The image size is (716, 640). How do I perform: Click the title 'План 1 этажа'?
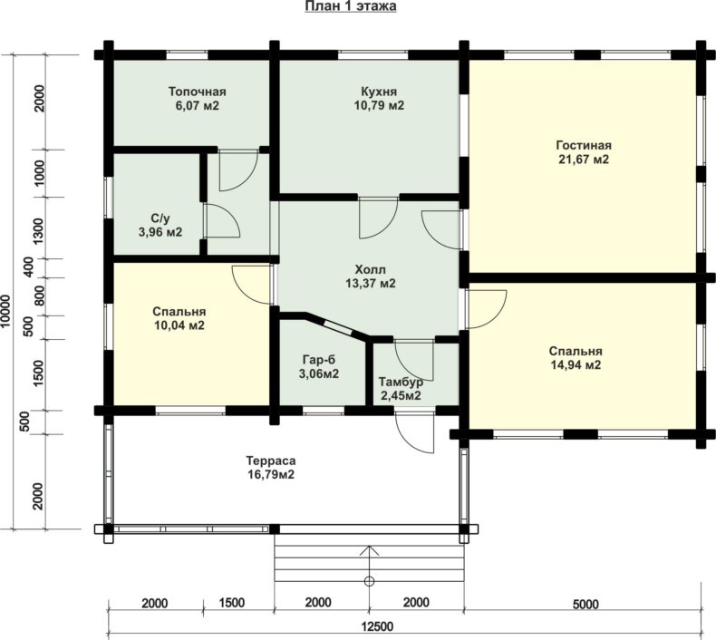coord(350,6)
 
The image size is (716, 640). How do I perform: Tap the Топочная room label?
coord(198,92)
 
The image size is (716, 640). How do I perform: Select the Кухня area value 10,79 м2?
coord(379,105)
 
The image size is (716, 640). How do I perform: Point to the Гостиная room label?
coord(584,146)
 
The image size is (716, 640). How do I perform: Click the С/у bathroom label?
coord(160,218)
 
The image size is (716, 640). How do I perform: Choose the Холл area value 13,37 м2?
coord(371,283)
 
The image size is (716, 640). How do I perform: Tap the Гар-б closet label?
coord(319,360)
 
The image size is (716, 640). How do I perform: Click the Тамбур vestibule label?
coord(401,382)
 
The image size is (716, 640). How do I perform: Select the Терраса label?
coord(271,461)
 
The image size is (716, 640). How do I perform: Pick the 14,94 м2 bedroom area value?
coord(576,365)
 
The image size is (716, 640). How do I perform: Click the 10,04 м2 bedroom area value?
coord(179,325)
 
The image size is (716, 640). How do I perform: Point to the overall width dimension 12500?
coord(377,626)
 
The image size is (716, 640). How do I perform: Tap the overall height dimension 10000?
coord(6,311)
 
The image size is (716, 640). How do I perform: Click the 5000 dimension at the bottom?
coord(585,605)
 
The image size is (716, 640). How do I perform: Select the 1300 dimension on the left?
coord(39,230)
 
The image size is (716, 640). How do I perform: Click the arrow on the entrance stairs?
coord(369,563)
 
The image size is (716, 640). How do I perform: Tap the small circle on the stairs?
coord(369,581)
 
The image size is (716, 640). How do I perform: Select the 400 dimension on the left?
coord(28,267)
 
